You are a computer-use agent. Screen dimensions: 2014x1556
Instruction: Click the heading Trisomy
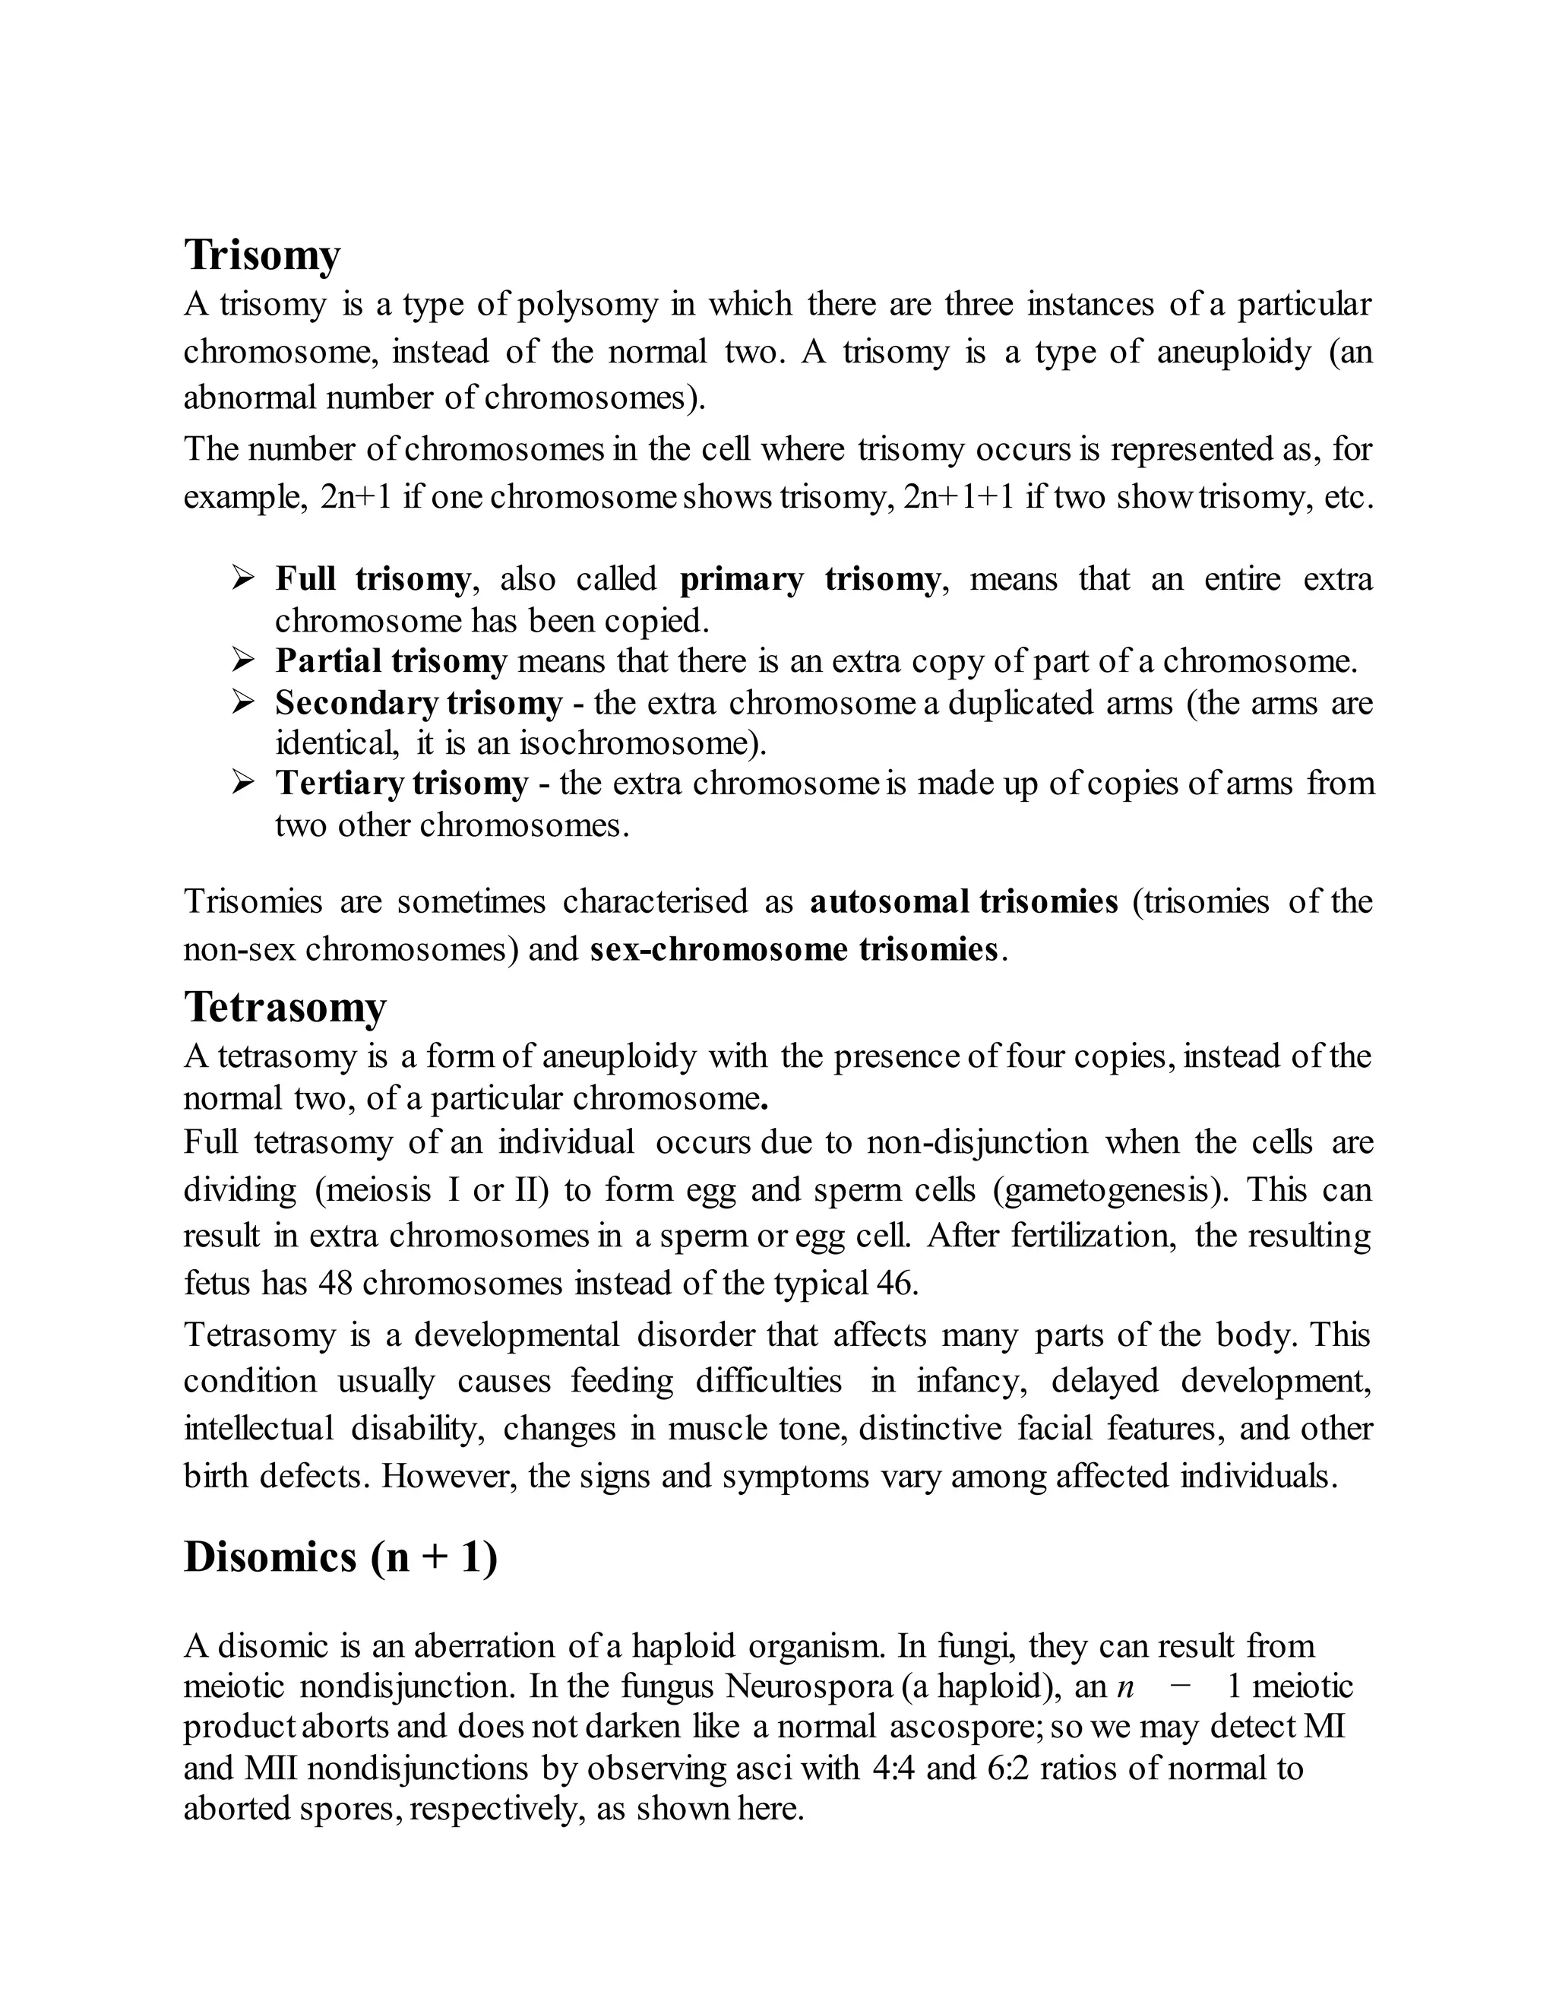coord(262,255)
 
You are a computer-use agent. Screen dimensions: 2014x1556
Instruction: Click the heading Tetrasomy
coord(285,1006)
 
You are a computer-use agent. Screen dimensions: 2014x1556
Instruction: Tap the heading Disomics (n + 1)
coord(340,1557)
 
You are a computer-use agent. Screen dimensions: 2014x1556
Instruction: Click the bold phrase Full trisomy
coord(372,579)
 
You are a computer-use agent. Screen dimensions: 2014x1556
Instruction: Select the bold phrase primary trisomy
coord(809,579)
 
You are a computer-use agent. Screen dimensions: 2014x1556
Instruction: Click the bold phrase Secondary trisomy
coord(419,703)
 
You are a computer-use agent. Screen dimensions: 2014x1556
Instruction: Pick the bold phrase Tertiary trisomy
coord(402,783)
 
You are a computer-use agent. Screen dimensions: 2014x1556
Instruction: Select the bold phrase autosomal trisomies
coord(963,901)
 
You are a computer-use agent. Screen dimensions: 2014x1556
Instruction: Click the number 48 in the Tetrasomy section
coord(336,1284)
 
